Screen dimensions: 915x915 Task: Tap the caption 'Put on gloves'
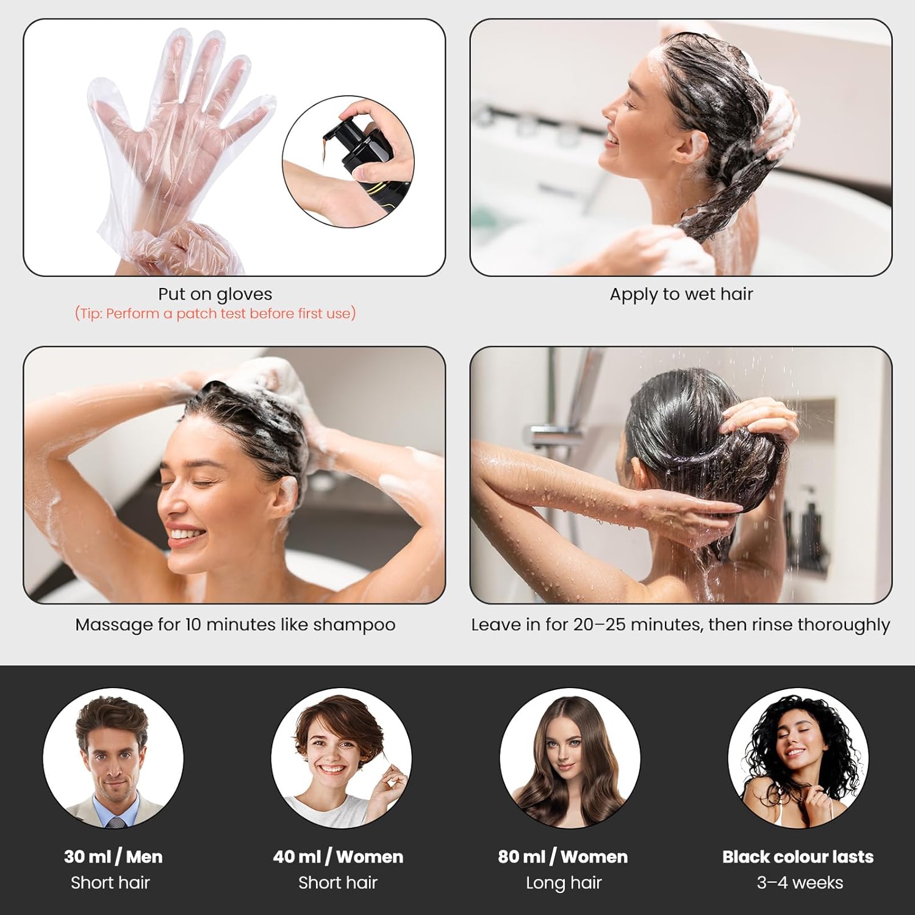215,294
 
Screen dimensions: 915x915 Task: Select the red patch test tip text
215,314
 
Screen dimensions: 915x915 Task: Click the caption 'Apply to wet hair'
681,294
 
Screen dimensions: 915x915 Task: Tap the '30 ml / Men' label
113,856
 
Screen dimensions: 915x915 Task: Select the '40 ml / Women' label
338,856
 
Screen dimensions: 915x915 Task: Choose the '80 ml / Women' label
562,856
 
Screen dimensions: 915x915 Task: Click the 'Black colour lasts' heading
798,856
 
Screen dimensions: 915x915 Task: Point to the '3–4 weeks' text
800,883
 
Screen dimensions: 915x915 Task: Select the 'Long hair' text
564,883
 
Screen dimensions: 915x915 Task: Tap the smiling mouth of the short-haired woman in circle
333,769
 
